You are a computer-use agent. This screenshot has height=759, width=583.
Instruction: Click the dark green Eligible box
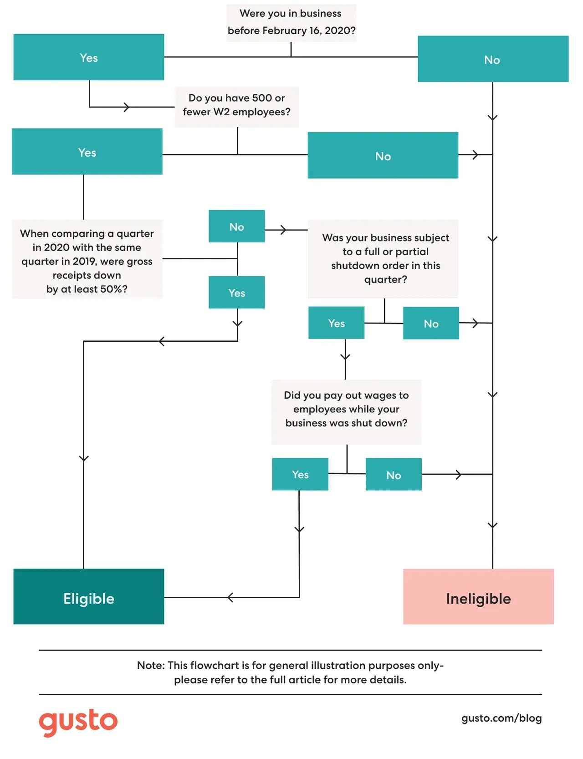pos(89,596)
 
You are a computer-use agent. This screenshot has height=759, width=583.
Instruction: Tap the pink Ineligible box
pos(478,596)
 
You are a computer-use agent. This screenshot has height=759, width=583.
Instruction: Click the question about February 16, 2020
pos(291,23)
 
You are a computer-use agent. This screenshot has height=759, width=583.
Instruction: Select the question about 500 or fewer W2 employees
pos(237,107)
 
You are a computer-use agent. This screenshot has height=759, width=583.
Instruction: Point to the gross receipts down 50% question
pos(87,259)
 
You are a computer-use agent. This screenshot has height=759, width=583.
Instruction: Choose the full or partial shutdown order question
pos(383,259)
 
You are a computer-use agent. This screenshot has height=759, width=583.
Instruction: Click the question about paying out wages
pos(346,412)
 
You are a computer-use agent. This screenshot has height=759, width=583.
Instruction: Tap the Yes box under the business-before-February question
pos(89,57)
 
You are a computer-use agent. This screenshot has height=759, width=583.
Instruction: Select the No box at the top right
pos(493,59)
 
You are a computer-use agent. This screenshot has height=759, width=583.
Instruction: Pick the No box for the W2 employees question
pos(383,155)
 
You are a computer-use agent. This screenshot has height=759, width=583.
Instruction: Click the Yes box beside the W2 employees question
pos(87,151)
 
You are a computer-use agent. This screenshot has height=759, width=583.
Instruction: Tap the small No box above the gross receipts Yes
pos(237,226)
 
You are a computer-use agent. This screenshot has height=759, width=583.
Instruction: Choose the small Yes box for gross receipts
pos(237,292)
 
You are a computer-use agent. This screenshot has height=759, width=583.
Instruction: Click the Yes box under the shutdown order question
pos(337,323)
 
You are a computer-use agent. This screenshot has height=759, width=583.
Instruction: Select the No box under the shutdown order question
pos(431,323)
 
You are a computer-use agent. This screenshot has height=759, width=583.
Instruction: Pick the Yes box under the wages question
pos(300,474)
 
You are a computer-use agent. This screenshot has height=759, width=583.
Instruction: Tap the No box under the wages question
pos(394,474)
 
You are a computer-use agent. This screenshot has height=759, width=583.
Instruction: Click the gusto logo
pos(78,722)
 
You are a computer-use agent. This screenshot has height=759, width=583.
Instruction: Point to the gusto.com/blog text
pos(501,718)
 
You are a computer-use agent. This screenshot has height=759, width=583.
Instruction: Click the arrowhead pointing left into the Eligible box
pos(230,597)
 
